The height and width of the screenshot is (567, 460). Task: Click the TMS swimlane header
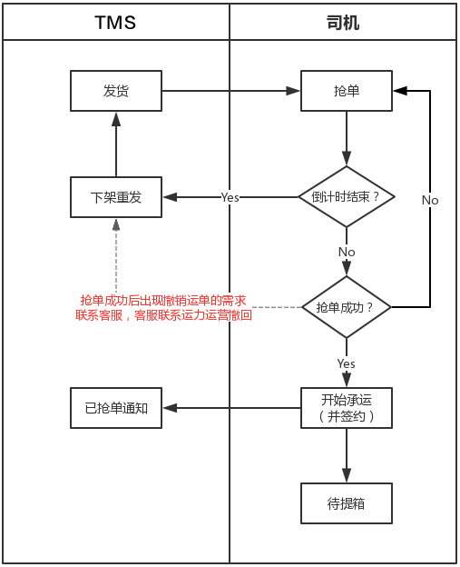[x=116, y=22]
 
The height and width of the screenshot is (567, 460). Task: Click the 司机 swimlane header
[x=343, y=22]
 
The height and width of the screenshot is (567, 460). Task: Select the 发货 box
[x=116, y=91]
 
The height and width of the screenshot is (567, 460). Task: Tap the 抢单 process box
[x=347, y=91]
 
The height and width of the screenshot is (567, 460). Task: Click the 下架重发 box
[x=116, y=197]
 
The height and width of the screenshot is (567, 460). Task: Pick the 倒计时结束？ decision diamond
[x=347, y=196]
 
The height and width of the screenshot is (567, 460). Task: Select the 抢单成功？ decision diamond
[x=347, y=307]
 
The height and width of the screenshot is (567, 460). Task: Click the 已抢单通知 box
[x=116, y=408]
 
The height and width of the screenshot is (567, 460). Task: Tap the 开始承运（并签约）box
[x=347, y=408]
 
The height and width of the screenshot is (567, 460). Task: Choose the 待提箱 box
[x=347, y=503]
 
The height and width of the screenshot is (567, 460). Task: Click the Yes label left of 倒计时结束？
[x=230, y=197]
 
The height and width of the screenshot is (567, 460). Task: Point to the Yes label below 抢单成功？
[x=347, y=363]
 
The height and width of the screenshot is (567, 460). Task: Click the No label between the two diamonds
[x=347, y=252]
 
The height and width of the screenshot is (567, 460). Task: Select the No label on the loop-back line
[x=430, y=200]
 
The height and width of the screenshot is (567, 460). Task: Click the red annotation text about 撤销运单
[x=163, y=308]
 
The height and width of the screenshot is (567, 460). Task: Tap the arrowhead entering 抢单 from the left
[x=293, y=91]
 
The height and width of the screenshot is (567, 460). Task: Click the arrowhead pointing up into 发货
[x=116, y=119]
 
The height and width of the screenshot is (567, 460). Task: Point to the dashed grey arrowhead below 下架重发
[x=116, y=225]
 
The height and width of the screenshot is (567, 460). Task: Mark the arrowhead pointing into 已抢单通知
[x=170, y=408]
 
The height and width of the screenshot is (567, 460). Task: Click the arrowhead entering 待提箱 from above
[x=347, y=475]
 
